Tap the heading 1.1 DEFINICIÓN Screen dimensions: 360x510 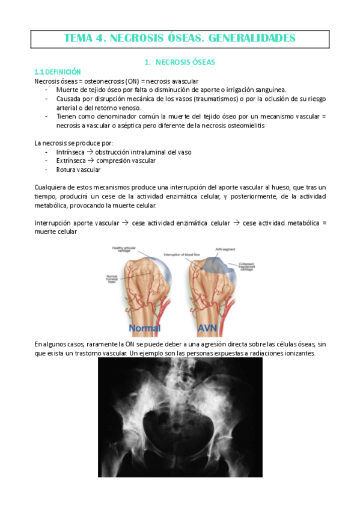coord(58,72)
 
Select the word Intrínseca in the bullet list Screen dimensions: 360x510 coord(72,152)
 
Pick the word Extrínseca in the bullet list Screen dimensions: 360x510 coord(72,161)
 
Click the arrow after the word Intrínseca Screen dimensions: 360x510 coord(91,152)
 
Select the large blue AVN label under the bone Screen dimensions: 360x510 coord(211,328)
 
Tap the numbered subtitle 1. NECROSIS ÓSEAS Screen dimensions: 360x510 coord(180,61)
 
